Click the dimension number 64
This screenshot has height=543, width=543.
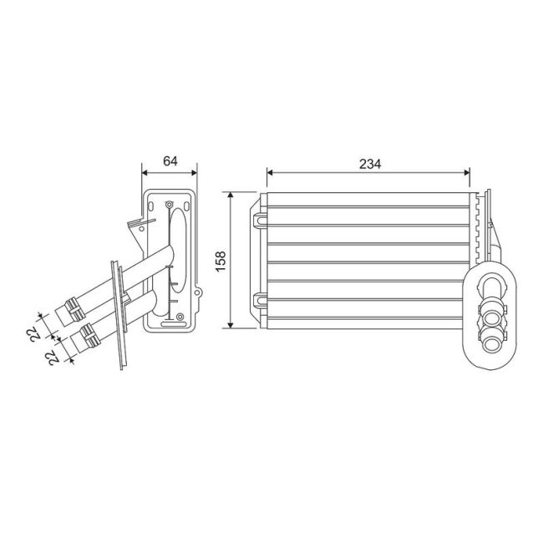click(170, 161)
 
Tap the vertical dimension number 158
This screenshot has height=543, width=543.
click(220, 259)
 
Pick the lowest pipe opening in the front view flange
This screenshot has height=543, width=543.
click(493, 338)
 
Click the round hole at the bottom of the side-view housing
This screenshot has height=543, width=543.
click(178, 316)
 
